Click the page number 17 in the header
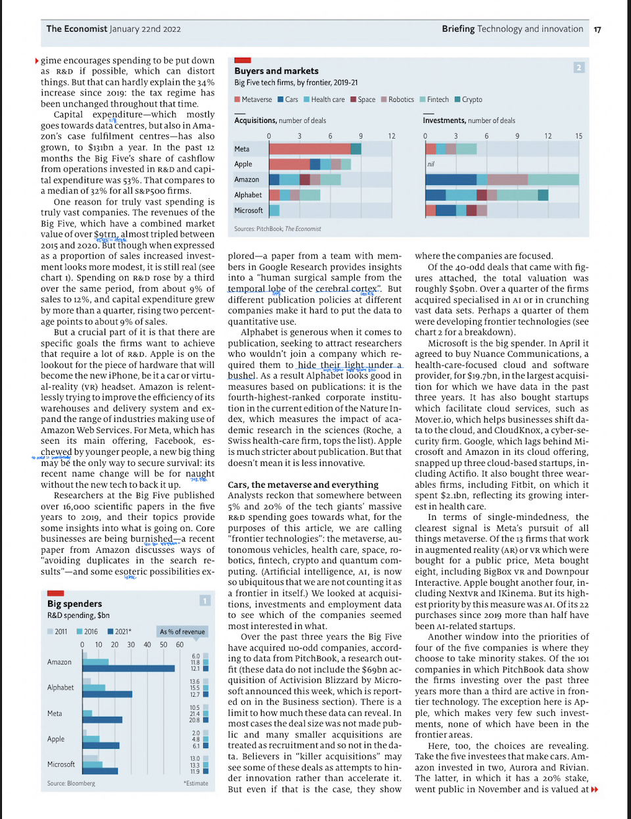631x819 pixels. (597, 30)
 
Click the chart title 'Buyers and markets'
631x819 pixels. (276, 71)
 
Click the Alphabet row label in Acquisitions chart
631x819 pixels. (248, 195)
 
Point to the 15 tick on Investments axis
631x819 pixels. (578, 136)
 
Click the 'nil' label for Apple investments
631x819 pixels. (431, 164)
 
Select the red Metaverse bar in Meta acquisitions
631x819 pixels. (309, 149)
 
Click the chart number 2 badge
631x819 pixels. (578, 67)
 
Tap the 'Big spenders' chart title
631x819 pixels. (74, 603)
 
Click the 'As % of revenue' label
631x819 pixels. (182, 632)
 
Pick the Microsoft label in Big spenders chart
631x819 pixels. (60, 764)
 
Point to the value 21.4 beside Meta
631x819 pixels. (195, 714)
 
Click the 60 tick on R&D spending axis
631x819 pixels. (179, 645)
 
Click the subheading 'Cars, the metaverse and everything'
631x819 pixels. (303, 485)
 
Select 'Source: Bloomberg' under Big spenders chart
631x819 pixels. (71, 784)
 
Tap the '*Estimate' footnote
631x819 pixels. (195, 784)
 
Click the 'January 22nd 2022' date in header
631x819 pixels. (145, 29)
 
